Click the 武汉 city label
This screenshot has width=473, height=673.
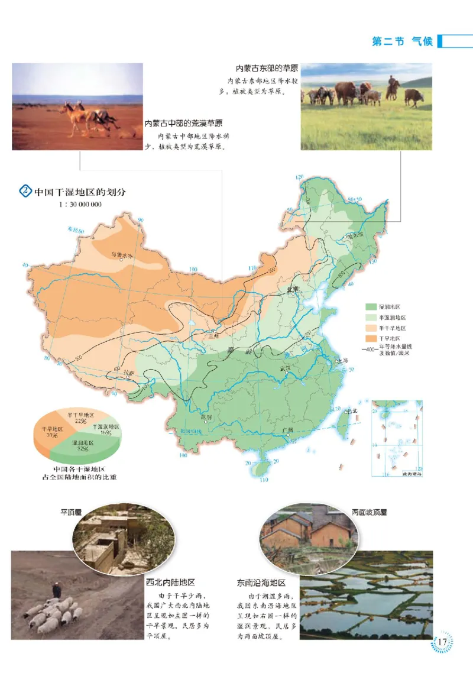(x=287, y=368)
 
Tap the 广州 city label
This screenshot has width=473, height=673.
(x=289, y=430)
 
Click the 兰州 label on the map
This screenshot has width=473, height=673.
(x=215, y=335)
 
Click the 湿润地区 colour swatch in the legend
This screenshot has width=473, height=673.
(x=371, y=307)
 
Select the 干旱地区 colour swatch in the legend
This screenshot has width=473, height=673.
(x=371, y=337)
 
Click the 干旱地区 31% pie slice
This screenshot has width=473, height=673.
(x=49, y=432)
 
